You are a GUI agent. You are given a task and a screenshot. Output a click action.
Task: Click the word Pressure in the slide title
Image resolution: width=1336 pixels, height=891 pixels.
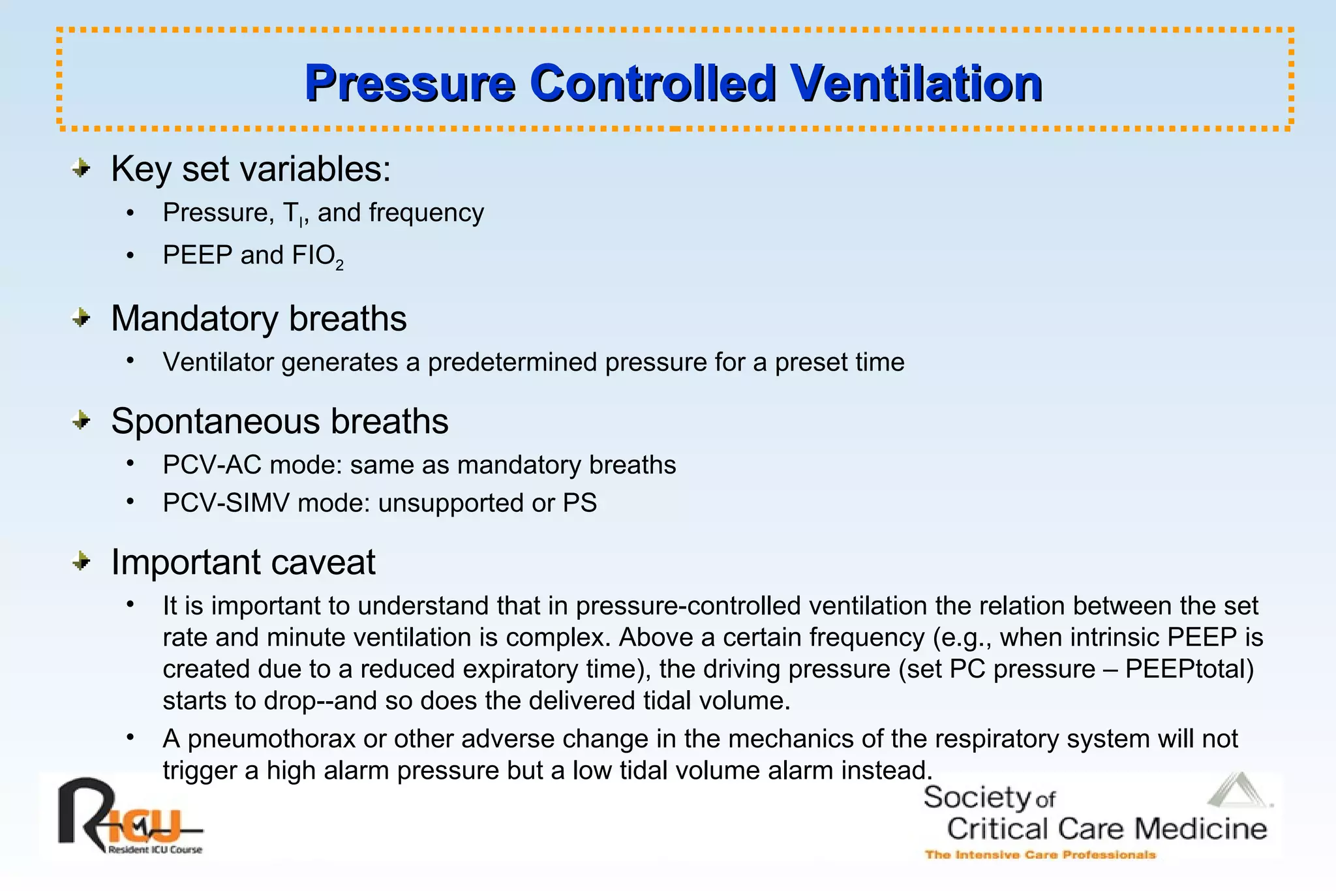[x=410, y=83]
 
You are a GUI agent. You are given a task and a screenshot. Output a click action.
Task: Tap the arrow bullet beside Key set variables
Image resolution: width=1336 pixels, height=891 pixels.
[x=82, y=169]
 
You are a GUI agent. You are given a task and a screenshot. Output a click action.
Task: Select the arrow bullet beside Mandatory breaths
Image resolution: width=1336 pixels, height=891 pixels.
[x=82, y=318]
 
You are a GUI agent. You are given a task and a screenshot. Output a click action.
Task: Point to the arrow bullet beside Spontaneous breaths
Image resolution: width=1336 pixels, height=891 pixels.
[x=82, y=421]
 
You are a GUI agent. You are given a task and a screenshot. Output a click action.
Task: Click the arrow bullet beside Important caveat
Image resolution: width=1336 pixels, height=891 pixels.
[x=82, y=561]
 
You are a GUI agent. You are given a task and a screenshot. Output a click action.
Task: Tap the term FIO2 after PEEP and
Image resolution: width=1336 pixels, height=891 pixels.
[x=317, y=256]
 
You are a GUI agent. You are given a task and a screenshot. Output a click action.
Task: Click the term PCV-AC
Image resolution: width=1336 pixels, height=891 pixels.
[x=213, y=465]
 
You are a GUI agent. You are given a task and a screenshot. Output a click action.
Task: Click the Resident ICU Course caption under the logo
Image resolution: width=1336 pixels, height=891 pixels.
[x=155, y=850]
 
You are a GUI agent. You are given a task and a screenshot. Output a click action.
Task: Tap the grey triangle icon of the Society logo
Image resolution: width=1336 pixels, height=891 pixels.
[x=1237, y=791]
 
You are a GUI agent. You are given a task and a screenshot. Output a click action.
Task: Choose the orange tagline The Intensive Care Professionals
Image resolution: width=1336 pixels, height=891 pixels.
[x=1040, y=854]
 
